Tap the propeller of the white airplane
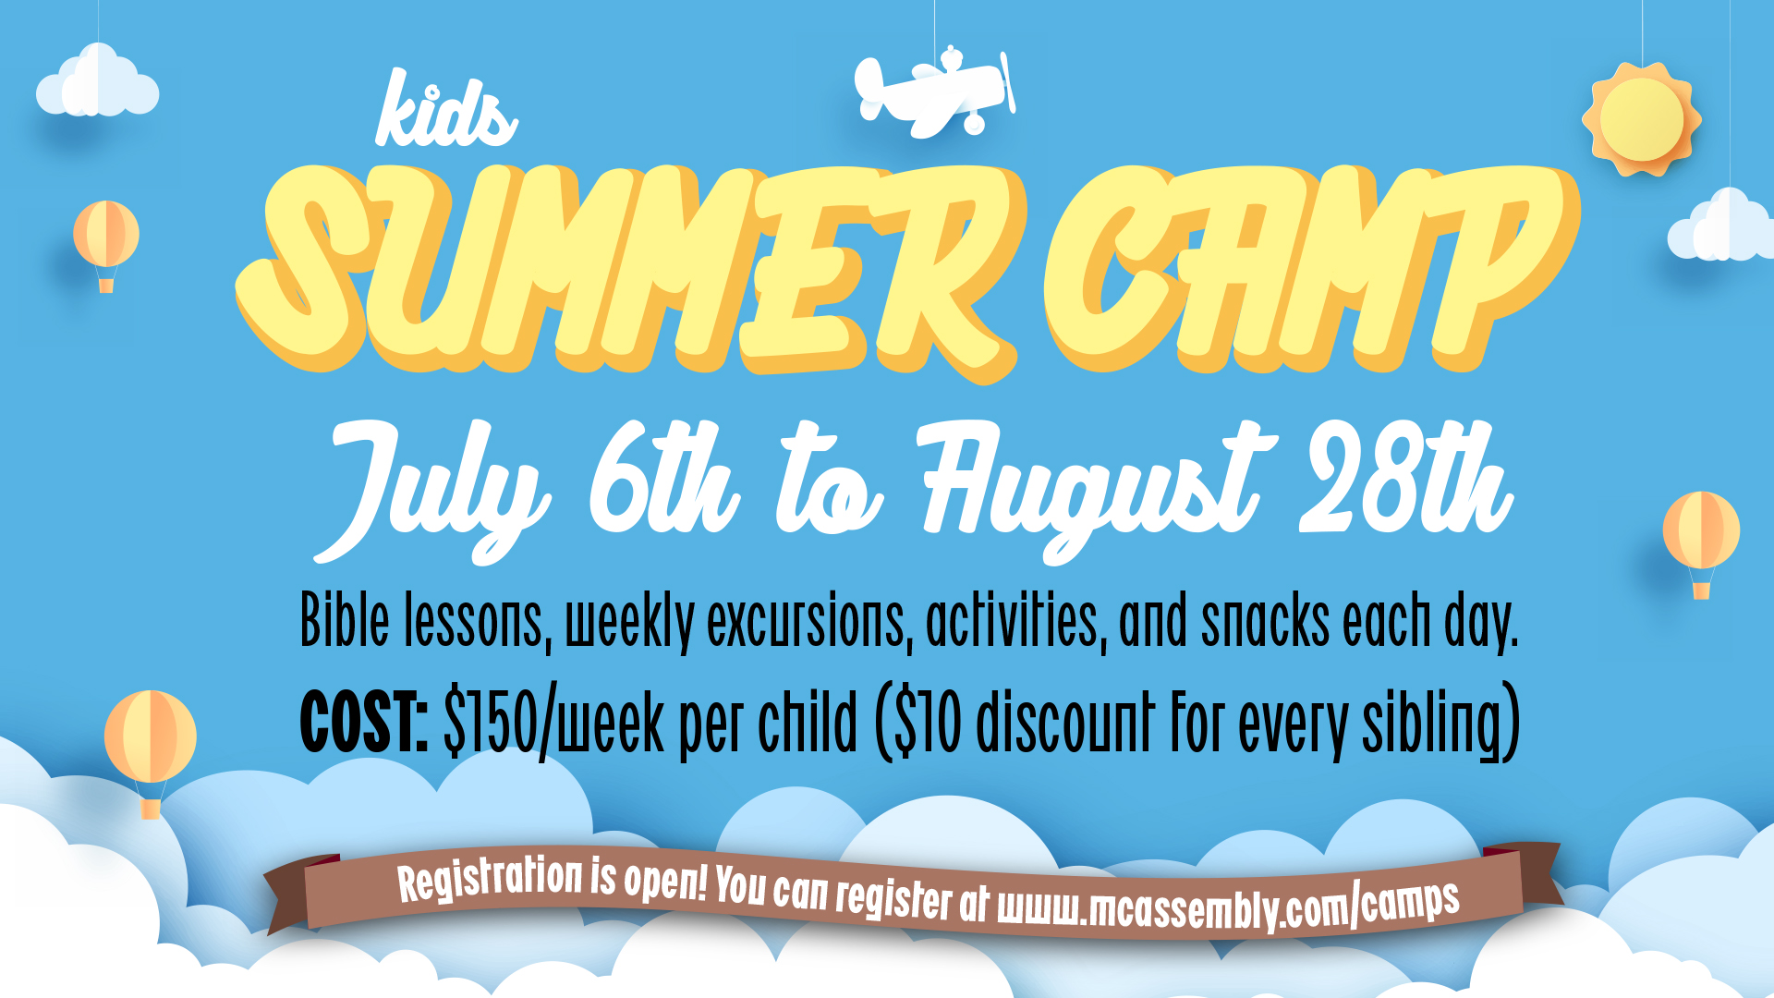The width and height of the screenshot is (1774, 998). [1008, 82]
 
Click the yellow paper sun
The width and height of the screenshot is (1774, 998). [1641, 119]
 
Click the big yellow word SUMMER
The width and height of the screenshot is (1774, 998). [628, 273]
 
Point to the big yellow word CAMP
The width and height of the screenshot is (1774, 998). [1312, 268]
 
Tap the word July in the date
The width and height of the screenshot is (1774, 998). [432, 490]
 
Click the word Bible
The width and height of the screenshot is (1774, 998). [345, 620]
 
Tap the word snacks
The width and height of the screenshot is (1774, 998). [1265, 622]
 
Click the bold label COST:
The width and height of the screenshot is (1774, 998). [364, 722]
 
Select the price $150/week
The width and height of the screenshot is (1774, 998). [554, 724]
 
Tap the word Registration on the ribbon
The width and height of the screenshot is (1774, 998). [490, 878]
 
